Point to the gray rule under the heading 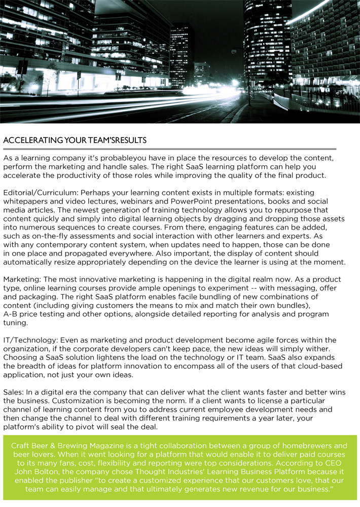coord(169,149)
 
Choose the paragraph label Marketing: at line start coord(22,280)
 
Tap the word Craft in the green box coord(21,446)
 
